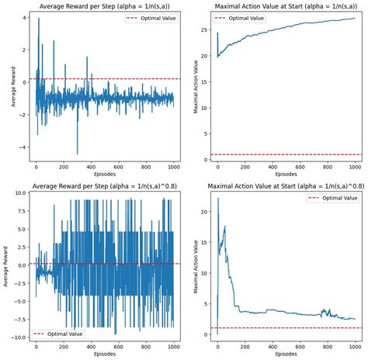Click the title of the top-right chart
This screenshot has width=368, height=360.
coord(283,7)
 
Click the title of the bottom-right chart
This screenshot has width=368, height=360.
coord(283,186)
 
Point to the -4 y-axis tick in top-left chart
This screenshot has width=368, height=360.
coord(23,147)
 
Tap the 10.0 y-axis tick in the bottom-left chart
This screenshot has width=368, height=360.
coord(19,197)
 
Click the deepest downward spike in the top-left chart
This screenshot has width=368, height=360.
coord(77,154)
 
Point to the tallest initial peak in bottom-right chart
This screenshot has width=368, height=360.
coord(217,198)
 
